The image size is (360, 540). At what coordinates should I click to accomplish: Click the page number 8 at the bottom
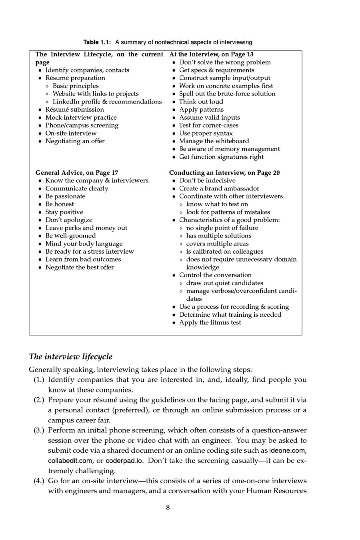pyautogui.click(x=168, y=508)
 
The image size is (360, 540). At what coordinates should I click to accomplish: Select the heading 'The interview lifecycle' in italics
pyautogui.click(x=71, y=356)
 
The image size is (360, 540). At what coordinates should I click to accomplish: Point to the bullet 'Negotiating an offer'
pyautogui.click(x=75, y=141)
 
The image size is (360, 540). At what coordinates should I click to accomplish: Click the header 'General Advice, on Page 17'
pyautogui.click(x=77, y=173)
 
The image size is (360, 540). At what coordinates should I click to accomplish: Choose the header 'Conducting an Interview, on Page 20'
pyautogui.click(x=224, y=173)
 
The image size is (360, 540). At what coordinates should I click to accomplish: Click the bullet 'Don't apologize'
pyautogui.click(x=69, y=220)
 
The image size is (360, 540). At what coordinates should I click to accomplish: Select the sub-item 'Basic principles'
pyautogui.click(x=76, y=86)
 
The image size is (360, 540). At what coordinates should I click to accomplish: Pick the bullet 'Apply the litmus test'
pyautogui.click(x=210, y=322)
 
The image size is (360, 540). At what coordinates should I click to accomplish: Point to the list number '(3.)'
pyautogui.click(x=40, y=430)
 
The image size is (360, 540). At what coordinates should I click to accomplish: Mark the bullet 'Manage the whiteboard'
pyautogui.click(x=214, y=141)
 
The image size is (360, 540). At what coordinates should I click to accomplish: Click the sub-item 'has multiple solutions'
pyautogui.click(x=219, y=236)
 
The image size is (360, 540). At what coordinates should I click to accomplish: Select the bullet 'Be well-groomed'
pyautogui.click(x=70, y=236)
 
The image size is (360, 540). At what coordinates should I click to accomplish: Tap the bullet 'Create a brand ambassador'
pyautogui.click(x=219, y=188)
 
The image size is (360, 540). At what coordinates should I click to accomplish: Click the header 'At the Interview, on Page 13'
pyautogui.click(x=211, y=54)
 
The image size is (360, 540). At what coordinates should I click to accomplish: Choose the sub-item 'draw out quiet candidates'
pyautogui.click(x=225, y=283)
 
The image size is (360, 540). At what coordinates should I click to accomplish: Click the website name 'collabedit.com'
pyautogui.click(x=70, y=461)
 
